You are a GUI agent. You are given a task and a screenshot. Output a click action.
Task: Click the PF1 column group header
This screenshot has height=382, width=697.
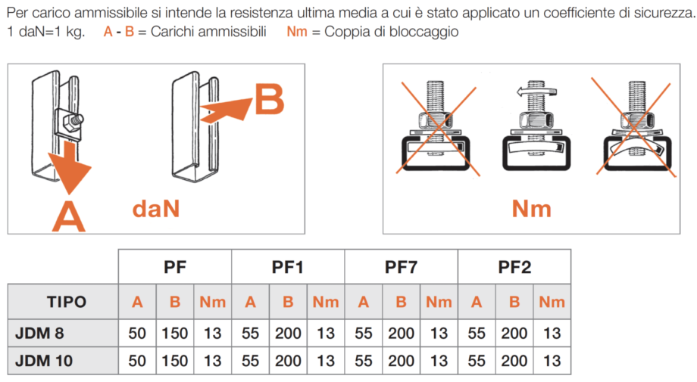coord(288,267)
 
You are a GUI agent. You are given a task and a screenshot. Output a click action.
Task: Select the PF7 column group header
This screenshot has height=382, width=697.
coord(401,267)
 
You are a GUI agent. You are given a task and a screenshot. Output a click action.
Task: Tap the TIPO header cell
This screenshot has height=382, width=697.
coord(67,302)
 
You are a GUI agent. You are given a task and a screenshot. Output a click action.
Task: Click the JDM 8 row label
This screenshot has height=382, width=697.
coord(39,333)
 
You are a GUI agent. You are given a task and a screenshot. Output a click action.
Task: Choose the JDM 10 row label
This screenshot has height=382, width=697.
coord(44,361)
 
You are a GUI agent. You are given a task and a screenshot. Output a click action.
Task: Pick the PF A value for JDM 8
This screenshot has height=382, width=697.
coord(137,333)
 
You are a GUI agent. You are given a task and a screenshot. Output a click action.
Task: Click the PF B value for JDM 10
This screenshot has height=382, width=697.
coord(175,361)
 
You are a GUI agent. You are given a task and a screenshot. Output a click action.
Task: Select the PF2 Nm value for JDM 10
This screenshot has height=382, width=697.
coord(552,361)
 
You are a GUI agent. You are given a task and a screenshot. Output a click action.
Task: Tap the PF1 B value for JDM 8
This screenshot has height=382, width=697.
coord(288,333)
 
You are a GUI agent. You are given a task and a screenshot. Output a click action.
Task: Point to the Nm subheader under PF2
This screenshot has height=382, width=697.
coord(552,302)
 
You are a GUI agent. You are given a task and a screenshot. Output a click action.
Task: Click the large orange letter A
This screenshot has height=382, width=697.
coord(68,216)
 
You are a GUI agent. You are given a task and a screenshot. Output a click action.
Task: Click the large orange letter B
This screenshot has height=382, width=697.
coord(270,100)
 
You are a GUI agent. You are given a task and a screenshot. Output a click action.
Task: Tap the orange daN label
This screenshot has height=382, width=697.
coord(156,209)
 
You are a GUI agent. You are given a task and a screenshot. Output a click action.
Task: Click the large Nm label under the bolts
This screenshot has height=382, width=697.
coord(532,209)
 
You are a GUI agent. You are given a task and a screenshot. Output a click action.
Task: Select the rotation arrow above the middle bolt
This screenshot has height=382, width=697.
coord(536,92)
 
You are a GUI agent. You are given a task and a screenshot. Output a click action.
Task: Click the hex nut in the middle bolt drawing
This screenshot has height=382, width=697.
coord(536,119)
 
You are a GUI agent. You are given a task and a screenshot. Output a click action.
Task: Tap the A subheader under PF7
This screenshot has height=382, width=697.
coord(364,302)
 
